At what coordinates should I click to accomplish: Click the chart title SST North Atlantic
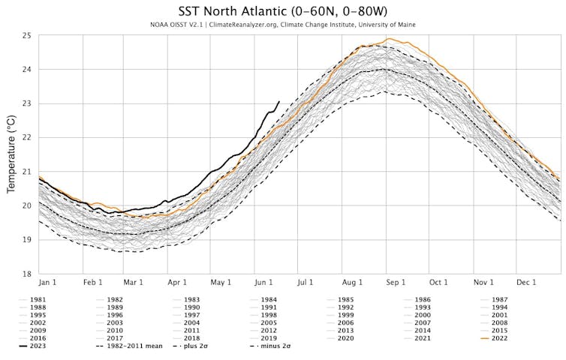[282, 11]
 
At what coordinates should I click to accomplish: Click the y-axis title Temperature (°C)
[11, 154]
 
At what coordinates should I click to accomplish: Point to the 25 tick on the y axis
[26, 36]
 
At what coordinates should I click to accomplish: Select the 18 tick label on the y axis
[26, 274]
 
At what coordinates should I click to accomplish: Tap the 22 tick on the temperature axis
[26, 138]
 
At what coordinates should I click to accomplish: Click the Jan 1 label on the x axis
[48, 283]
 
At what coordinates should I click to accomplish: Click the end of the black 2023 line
[279, 101]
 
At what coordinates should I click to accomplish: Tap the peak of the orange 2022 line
[387, 39]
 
